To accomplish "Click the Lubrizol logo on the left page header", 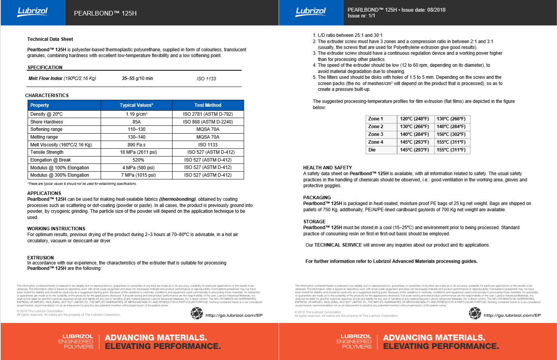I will pyautogui.click(x=33, y=12).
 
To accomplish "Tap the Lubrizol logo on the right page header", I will pyautogui.click(x=311, y=12).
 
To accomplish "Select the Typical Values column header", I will pyautogui.click(x=136, y=105).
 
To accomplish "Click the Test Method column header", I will pyautogui.click(x=208, y=105).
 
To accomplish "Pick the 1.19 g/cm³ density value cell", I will pyautogui.click(x=136, y=114).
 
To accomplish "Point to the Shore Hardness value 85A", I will pyautogui.click(x=136, y=122).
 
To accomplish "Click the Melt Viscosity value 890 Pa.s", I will pyautogui.click(x=136, y=145).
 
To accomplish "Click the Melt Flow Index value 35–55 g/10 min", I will pyautogui.click(x=137, y=78).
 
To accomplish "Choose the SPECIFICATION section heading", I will pyautogui.click(x=45, y=68).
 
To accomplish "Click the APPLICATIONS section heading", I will pyautogui.click(x=44, y=193).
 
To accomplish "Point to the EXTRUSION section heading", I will pyautogui.click(x=40, y=258).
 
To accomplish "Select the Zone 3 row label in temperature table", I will pyautogui.click(x=376, y=134).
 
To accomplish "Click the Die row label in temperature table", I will pyautogui.click(x=372, y=150).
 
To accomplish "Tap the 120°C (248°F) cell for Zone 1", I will pyautogui.click(x=414, y=119).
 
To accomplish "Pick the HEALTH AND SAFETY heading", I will pyautogui.click(x=327, y=168).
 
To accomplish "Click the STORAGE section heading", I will pyautogui.click(x=314, y=222).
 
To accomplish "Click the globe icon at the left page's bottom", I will pyautogui.click(x=197, y=313).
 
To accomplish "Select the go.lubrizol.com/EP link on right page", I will pyautogui.click(x=512, y=315).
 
